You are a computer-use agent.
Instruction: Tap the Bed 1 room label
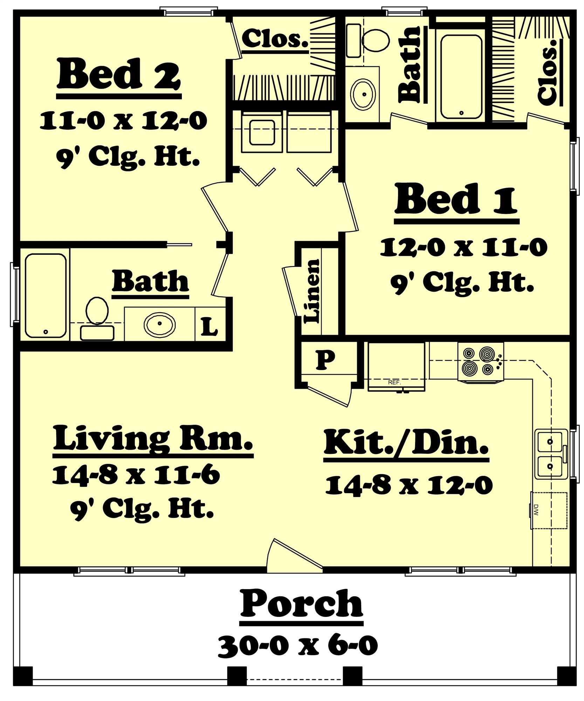click(456, 199)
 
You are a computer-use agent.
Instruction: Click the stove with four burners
click(480, 361)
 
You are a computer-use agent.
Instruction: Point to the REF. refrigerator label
click(394, 382)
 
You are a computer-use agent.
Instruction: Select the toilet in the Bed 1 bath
click(371, 40)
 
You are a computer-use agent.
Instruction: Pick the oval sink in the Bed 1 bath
click(364, 94)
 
